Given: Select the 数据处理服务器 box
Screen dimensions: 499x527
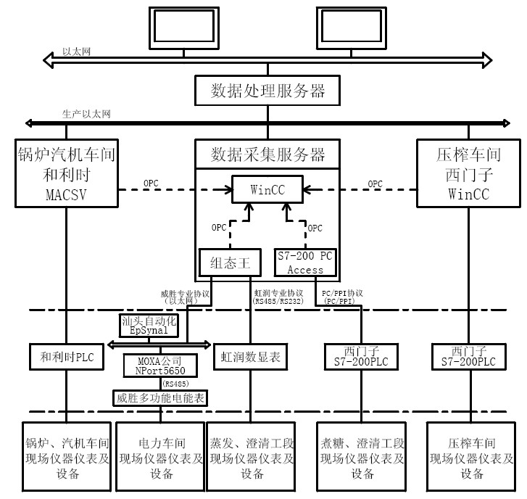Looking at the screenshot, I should click(267, 91).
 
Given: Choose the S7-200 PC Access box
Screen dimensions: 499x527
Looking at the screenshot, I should click(306, 263).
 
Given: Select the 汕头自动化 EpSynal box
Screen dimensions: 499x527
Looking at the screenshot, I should click(148, 324).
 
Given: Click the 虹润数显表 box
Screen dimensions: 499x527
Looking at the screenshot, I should click(251, 357).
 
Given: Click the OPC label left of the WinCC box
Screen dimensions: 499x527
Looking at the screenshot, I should click(151, 183).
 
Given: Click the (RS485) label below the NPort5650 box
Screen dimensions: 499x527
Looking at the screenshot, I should click(173, 382).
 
